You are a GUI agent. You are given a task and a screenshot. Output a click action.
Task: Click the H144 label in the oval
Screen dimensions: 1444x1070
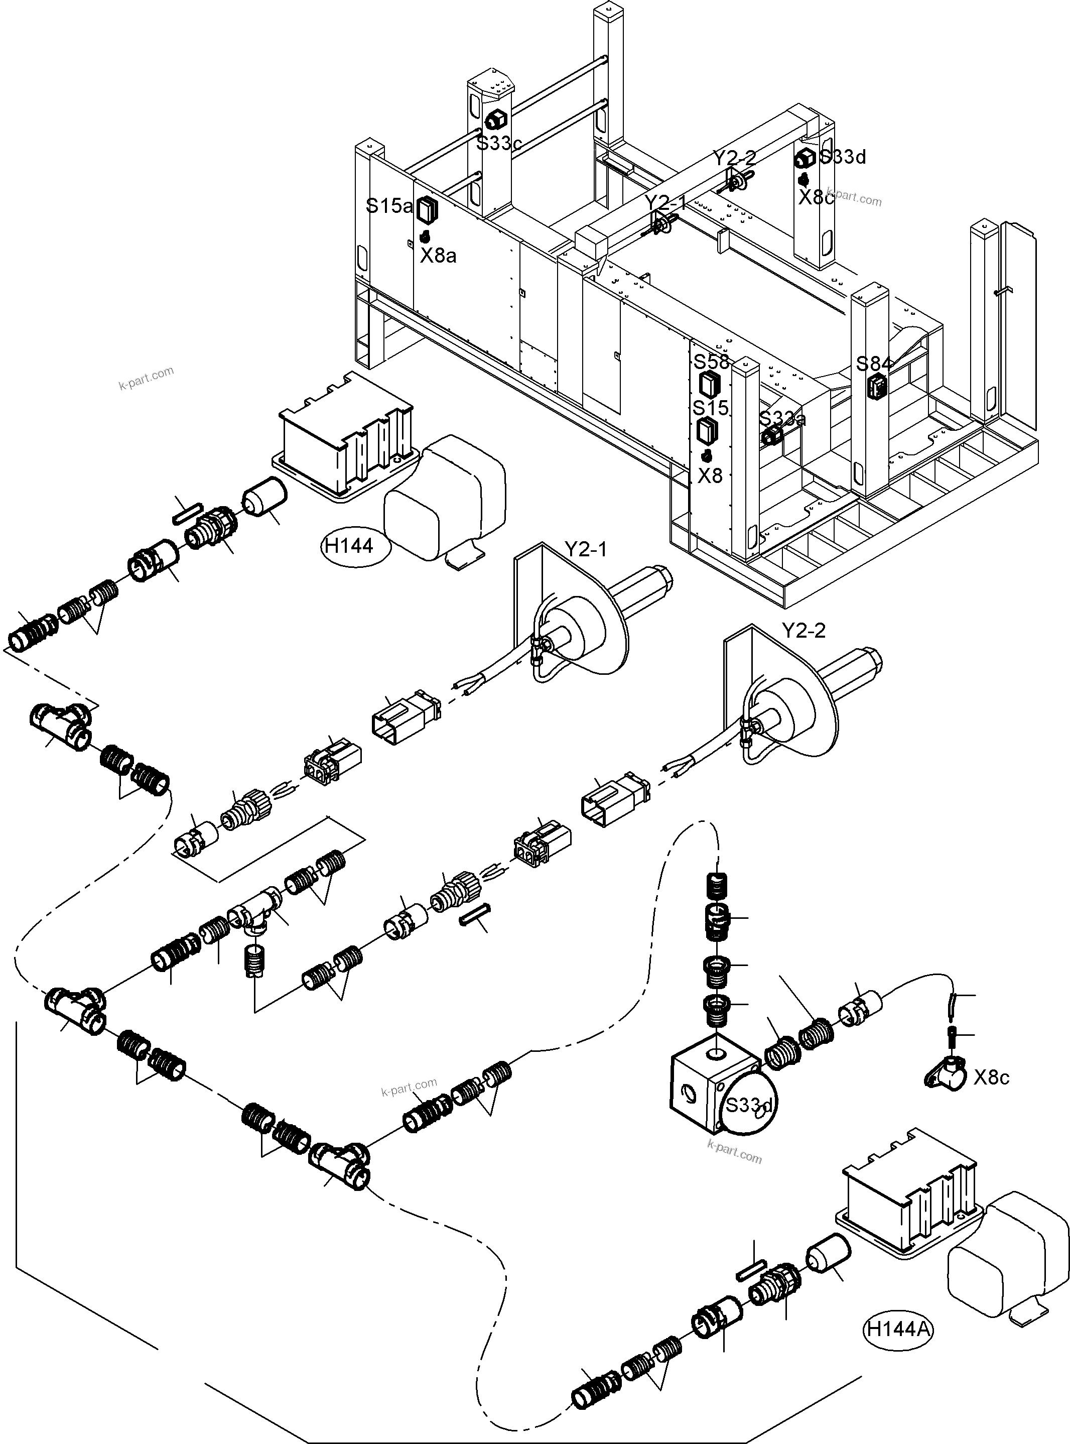coord(349,546)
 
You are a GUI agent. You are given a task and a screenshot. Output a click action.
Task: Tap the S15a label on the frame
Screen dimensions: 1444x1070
coord(388,206)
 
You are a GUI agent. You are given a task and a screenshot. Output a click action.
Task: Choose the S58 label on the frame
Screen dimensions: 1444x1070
coord(711,362)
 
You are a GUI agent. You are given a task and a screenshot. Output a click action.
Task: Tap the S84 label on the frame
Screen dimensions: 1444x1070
coord(874,364)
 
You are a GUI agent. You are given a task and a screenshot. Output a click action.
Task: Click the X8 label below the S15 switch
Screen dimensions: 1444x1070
coord(710,476)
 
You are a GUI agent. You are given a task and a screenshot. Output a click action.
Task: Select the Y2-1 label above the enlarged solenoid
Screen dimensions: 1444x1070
coord(586,550)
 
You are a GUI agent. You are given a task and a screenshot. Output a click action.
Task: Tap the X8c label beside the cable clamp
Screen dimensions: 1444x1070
coord(991,1077)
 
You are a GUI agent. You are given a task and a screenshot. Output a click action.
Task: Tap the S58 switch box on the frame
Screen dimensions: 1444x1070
coord(709,384)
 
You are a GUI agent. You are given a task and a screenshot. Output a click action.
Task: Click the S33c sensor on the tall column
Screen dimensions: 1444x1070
coord(495,120)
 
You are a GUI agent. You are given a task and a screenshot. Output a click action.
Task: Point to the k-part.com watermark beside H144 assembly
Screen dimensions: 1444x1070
coord(146,378)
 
